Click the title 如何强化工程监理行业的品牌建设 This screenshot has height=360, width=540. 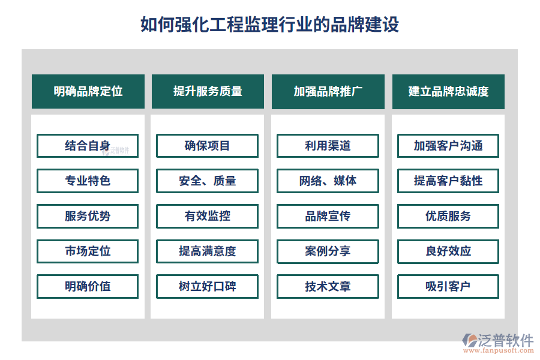pyautogui.click(x=269, y=25)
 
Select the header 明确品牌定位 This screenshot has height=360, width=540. pyautogui.click(x=88, y=91)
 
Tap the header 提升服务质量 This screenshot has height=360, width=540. pyautogui.click(x=208, y=91)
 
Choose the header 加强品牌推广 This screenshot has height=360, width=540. pyautogui.click(x=328, y=91)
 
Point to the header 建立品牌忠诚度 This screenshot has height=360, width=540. pyautogui.click(x=448, y=91)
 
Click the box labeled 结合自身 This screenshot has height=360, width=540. pyautogui.click(x=88, y=146)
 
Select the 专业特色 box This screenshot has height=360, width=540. pyautogui.click(x=88, y=181)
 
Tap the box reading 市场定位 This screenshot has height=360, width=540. pyautogui.click(x=88, y=251)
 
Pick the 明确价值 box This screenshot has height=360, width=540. pyautogui.click(x=88, y=286)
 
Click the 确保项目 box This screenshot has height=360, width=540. pyautogui.click(x=208, y=146)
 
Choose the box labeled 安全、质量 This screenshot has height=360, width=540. pyautogui.click(x=208, y=181)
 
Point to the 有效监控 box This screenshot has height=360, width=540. pyautogui.click(x=208, y=216)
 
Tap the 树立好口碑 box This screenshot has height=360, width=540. pyautogui.click(x=208, y=286)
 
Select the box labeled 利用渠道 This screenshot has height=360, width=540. pyautogui.click(x=328, y=146)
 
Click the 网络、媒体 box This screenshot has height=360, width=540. pyautogui.click(x=328, y=181)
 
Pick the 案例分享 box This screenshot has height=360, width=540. pyautogui.click(x=328, y=251)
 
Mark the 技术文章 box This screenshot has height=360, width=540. pyautogui.click(x=328, y=286)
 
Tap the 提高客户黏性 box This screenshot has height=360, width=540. pyautogui.click(x=448, y=181)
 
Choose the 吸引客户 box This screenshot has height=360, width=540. pyautogui.click(x=448, y=286)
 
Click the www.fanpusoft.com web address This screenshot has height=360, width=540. pyautogui.click(x=499, y=350)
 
